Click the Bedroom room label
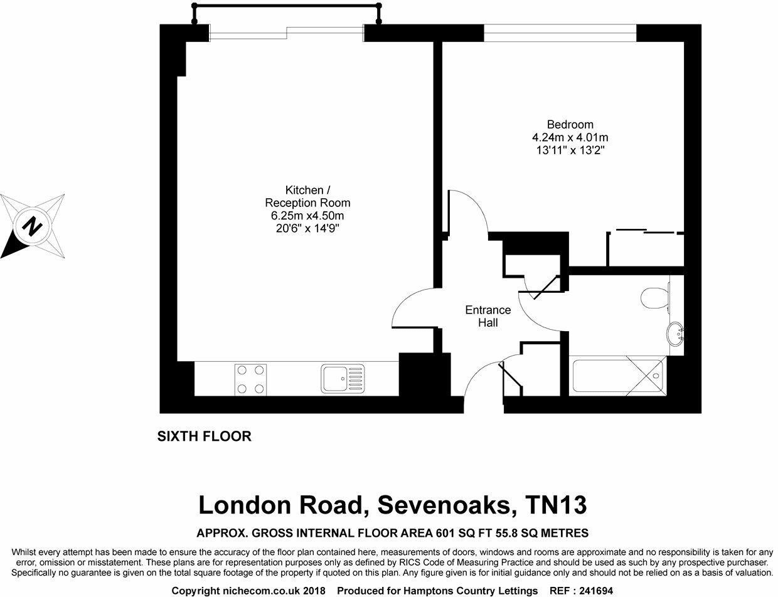(570, 124)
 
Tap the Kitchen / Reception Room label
(307, 196)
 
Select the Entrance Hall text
(488, 316)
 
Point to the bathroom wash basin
(676, 333)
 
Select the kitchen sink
(343, 379)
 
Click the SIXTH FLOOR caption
(204, 436)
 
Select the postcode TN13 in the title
(556, 504)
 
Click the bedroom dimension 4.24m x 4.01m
(570, 137)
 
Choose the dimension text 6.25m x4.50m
(307, 216)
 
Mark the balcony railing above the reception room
(287, 6)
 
